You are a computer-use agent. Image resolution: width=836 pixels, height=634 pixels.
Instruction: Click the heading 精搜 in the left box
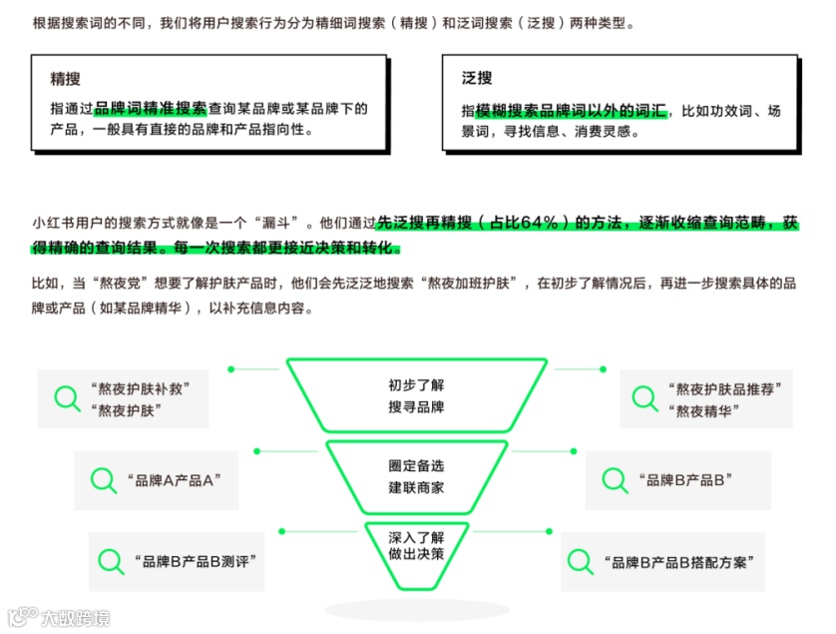point(66,78)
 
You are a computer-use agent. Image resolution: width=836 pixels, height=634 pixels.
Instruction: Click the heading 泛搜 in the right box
point(477,78)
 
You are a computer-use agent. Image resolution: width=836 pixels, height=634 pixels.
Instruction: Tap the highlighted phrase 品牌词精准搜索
point(151,109)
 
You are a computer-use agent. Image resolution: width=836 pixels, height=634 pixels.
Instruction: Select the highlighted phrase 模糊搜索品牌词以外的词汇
point(571,110)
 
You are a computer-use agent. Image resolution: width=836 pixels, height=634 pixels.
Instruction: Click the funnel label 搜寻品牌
point(416,407)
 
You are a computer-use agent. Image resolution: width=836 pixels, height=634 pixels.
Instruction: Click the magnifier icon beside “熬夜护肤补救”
point(67,399)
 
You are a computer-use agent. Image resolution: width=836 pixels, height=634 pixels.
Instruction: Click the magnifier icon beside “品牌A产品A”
point(103,480)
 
